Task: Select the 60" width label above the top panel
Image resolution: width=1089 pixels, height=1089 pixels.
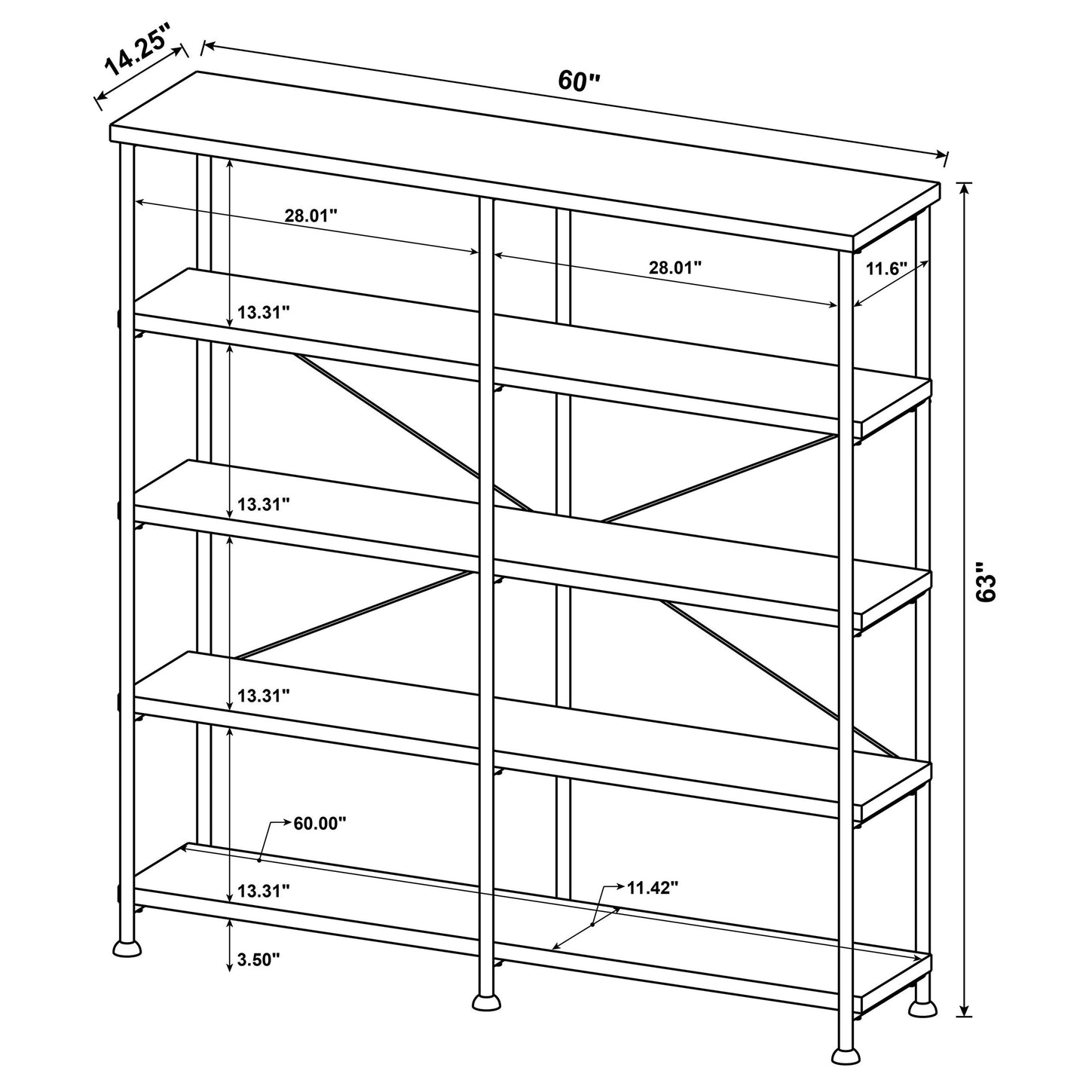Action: pyautogui.click(x=578, y=81)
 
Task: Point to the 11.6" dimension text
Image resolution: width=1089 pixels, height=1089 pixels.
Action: pyautogui.click(x=886, y=268)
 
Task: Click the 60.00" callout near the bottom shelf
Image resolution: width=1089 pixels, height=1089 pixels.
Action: pyautogui.click(x=320, y=822)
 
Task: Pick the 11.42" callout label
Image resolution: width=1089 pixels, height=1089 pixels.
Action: pyautogui.click(x=653, y=887)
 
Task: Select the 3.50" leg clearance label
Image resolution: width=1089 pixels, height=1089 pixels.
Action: pyautogui.click(x=258, y=959)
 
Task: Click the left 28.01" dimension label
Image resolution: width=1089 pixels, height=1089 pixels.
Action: pyautogui.click(x=310, y=216)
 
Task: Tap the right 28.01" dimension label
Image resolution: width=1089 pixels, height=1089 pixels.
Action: pyautogui.click(x=675, y=267)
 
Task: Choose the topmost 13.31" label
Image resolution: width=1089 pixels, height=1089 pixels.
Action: pyautogui.click(x=263, y=313)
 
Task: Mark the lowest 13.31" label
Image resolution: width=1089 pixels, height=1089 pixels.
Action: pyautogui.click(x=263, y=892)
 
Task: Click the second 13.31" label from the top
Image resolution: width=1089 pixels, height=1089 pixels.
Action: pyautogui.click(x=263, y=504)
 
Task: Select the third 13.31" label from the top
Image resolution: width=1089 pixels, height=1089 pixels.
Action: pyautogui.click(x=263, y=696)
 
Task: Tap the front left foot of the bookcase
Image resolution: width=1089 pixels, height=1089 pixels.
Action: pyautogui.click(x=127, y=947)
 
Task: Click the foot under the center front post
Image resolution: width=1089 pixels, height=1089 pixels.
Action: pyautogui.click(x=486, y=1001)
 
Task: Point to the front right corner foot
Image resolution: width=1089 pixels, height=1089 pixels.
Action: pyautogui.click(x=846, y=1055)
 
